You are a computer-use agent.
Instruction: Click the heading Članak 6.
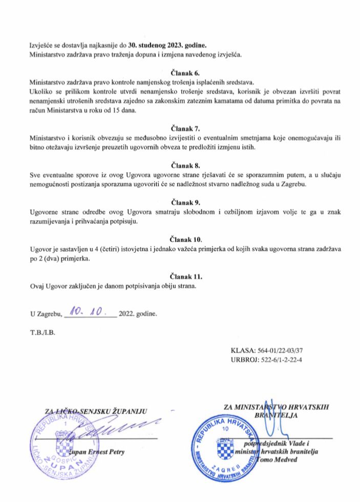[180, 73]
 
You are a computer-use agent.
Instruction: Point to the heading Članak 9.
[180, 202]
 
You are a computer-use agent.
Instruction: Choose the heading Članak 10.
[180, 239]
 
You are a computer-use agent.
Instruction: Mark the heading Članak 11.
[180, 276]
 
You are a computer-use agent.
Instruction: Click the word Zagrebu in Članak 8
[291, 184]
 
